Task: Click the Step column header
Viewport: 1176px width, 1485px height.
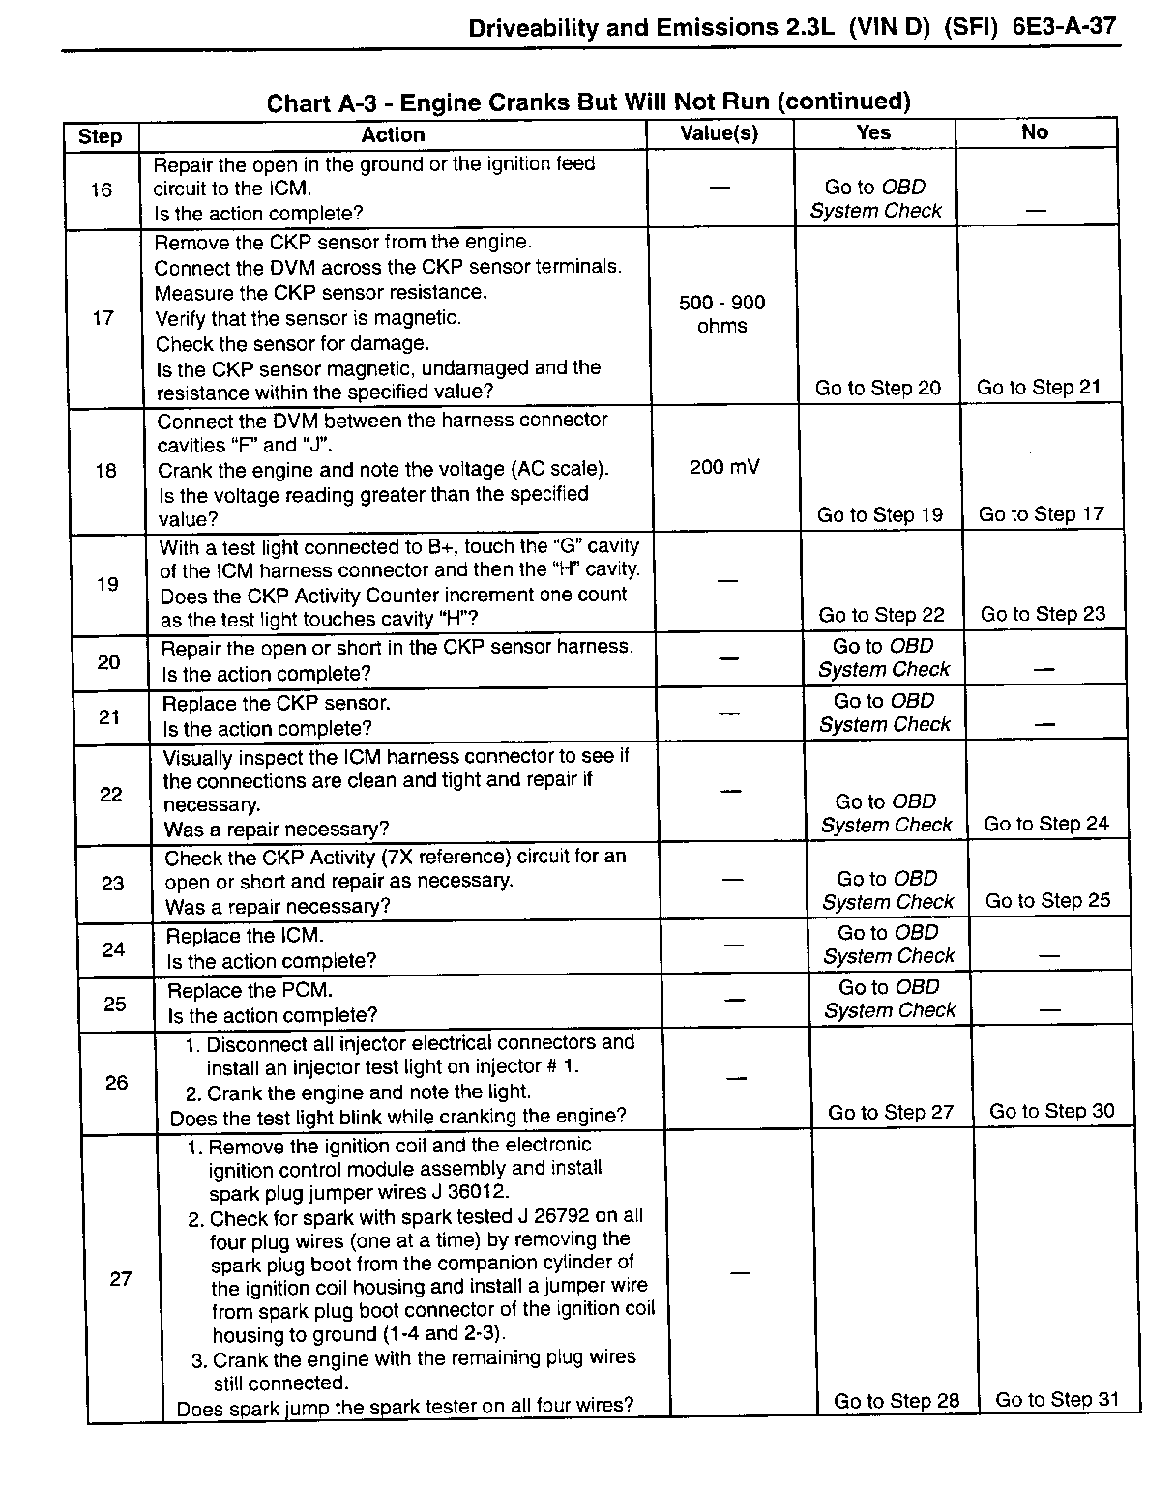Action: [100, 135]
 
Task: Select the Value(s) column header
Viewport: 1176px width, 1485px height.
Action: [719, 133]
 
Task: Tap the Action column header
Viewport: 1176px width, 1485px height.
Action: [393, 134]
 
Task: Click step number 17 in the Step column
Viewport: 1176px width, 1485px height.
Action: [103, 317]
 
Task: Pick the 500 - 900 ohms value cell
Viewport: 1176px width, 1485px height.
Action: [721, 314]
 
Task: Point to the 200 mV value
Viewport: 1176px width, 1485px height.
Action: [724, 467]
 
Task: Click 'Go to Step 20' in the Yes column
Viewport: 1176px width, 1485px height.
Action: [877, 388]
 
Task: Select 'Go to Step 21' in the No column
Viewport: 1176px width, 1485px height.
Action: [1039, 387]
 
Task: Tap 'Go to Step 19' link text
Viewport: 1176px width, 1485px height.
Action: [879, 514]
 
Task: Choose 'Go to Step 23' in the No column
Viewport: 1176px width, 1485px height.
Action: [1043, 614]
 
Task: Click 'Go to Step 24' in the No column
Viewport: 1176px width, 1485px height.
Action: [1046, 824]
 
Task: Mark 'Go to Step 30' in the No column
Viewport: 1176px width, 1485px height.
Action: [1051, 1111]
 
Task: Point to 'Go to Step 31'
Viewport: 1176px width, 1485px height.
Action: [1057, 1399]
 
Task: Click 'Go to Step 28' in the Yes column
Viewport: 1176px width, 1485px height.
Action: [897, 1401]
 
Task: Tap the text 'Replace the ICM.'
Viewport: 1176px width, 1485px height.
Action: [245, 936]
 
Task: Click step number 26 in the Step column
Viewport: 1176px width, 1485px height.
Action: [116, 1082]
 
